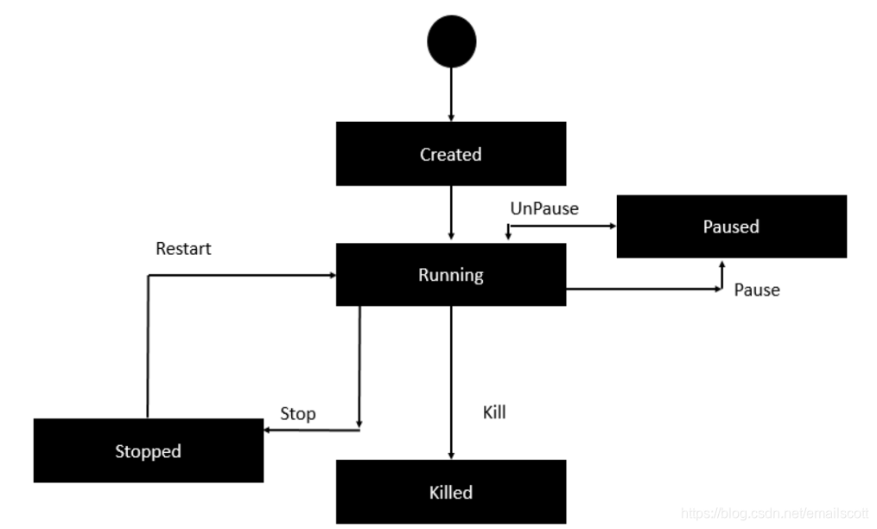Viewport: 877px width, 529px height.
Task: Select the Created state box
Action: (451, 154)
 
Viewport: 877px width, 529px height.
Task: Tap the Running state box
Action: (451, 275)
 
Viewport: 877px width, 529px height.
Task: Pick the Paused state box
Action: (731, 226)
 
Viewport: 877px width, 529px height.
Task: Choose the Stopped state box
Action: (148, 450)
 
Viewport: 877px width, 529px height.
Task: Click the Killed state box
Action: (451, 492)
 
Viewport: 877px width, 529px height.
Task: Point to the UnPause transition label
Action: (544, 208)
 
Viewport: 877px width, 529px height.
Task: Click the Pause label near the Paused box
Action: (757, 290)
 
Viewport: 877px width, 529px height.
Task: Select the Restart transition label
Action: (183, 249)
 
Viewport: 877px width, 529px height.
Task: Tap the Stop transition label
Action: (298, 413)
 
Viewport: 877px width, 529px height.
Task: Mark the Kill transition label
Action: (494, 412)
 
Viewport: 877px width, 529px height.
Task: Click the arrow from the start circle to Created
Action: (451, 93)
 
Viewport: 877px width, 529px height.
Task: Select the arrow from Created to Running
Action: (451, 213)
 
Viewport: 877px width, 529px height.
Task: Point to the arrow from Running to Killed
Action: (451, 380)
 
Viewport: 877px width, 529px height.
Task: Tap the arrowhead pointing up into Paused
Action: (722, 263)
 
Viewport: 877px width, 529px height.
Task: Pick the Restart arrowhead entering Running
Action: (331, 275)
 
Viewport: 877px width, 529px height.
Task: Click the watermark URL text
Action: (774, 513)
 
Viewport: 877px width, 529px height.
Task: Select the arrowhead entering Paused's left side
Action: (612, 226)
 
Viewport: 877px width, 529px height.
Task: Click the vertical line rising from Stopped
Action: (148, 346)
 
